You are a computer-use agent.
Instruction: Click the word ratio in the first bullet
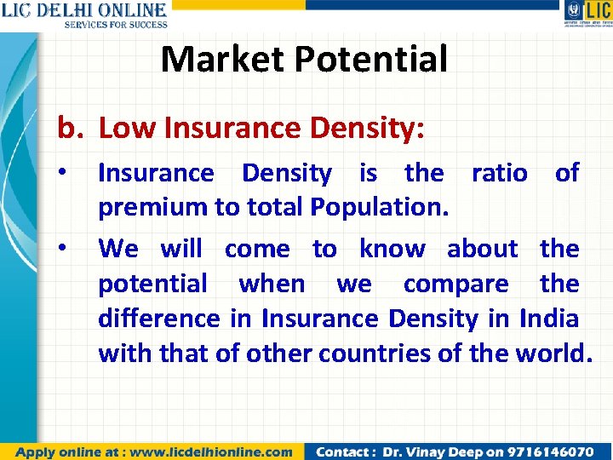[x=499, y=173]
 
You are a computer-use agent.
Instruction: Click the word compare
[x=455, y=284]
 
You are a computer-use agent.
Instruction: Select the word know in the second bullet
[x=392, y=249]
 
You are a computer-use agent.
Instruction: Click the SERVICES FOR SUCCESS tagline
[x=115, y=24]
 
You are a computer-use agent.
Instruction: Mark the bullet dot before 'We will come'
[x=63, y=249]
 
